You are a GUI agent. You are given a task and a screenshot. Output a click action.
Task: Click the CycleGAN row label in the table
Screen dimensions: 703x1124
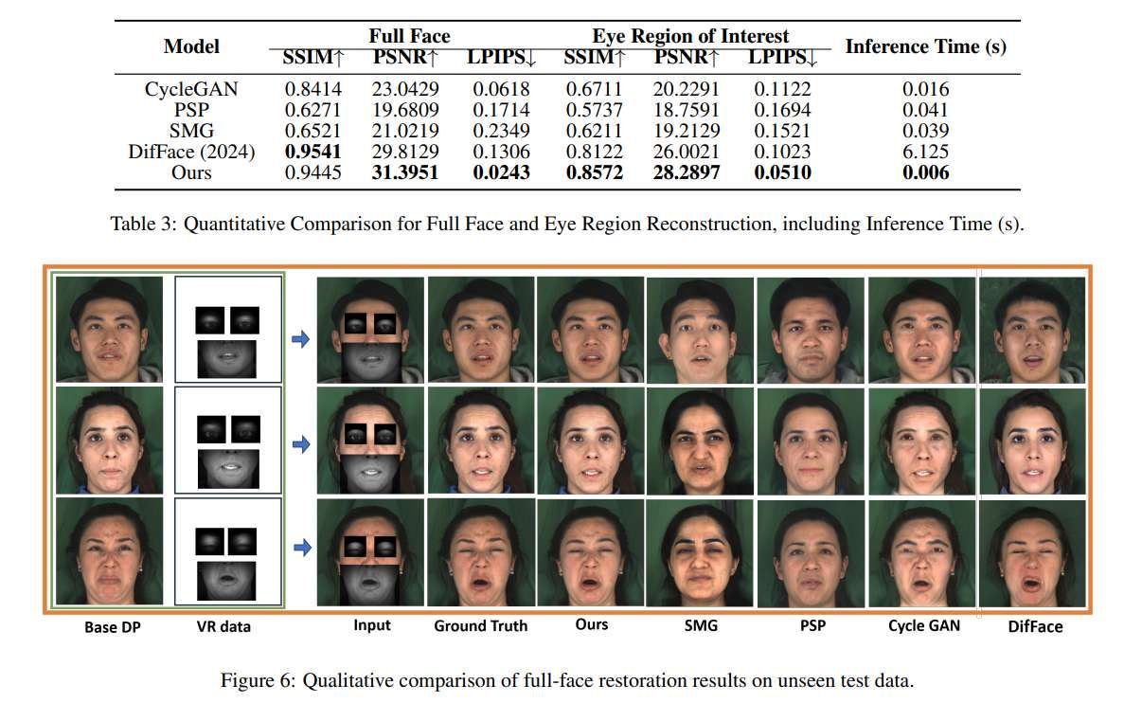pos(190,90)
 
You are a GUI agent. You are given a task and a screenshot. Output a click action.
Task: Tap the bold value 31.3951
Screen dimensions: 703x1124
pos(410,172)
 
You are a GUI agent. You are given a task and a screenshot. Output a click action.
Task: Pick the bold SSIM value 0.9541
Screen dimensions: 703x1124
pos(312,152)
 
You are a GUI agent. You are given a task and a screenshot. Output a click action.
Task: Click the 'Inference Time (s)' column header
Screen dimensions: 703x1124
pos(925,46)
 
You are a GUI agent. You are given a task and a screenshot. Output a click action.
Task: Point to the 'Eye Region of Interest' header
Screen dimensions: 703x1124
pos(690,36)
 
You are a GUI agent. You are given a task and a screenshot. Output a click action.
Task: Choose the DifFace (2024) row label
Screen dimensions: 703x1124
pos(192,152)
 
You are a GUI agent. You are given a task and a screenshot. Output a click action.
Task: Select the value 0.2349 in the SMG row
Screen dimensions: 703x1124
pos(500,131)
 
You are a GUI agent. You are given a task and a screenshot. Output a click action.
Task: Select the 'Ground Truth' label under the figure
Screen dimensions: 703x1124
pos(480,625)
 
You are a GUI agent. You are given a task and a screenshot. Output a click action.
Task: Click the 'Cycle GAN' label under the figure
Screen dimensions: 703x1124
pos(923,625)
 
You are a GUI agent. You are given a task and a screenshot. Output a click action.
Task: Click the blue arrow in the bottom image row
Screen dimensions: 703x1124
pos(300,547)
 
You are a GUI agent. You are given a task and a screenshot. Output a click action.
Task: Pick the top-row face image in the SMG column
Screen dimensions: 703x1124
pos(701,329)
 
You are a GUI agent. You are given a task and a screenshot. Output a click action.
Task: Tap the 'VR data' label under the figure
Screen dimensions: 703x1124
pos(224,627)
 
